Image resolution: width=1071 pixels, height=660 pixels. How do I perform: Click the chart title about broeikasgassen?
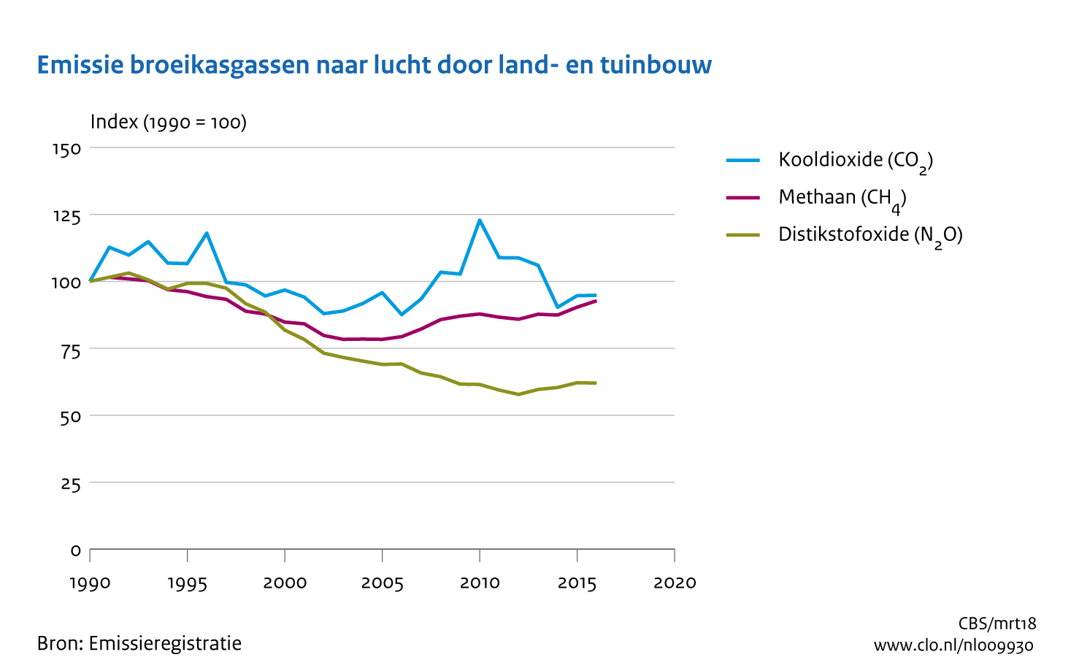coord(374,65)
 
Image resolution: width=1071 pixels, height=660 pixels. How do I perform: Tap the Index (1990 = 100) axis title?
coord(168,122)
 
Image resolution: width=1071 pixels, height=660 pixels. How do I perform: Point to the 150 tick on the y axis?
coord(66,149)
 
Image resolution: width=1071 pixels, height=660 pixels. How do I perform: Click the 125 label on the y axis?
coord(66,216)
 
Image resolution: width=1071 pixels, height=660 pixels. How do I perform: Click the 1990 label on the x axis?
coord(90,583)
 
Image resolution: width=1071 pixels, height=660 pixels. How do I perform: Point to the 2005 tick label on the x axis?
coord(383,583)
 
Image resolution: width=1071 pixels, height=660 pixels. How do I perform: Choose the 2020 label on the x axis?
coord(675,583)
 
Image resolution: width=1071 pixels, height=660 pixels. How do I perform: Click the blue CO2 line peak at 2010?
coord(480,220)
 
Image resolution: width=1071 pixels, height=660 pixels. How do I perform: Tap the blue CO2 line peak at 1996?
coord(207,233)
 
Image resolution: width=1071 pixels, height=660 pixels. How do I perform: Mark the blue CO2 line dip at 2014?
coord(558,307)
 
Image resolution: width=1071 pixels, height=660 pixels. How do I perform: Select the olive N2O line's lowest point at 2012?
coord(518,394)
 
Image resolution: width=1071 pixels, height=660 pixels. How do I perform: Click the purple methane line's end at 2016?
coord(596,301)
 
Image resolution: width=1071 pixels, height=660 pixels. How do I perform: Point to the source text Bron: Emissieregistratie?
coord(139,643)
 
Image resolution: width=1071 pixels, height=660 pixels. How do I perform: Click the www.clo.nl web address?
coord(953,645)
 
